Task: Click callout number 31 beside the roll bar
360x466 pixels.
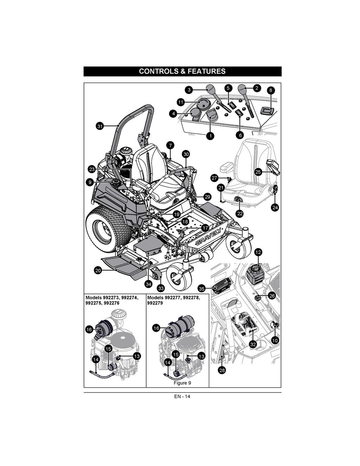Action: coord(100,127)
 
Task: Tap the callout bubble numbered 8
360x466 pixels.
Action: coord(270,90)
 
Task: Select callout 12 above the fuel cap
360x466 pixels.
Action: coord(258,252)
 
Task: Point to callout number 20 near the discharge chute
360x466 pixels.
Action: coord(98,270)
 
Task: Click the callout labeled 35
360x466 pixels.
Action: coord(201,289)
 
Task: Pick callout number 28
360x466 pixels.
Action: coord(222,370)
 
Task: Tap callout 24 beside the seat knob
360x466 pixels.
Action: coord(275,207)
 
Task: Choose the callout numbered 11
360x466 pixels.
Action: coord(181,102)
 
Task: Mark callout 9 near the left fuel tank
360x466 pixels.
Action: coord(91,182)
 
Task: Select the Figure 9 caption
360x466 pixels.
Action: coord(182,383)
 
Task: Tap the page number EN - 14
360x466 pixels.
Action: coord(182,396)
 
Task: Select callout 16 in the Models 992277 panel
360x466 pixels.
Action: coord(156,328)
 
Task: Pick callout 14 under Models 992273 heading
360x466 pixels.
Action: coord(96,359)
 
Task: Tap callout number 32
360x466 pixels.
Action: coord(253,344)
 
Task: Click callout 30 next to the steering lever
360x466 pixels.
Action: coord(186,154)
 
